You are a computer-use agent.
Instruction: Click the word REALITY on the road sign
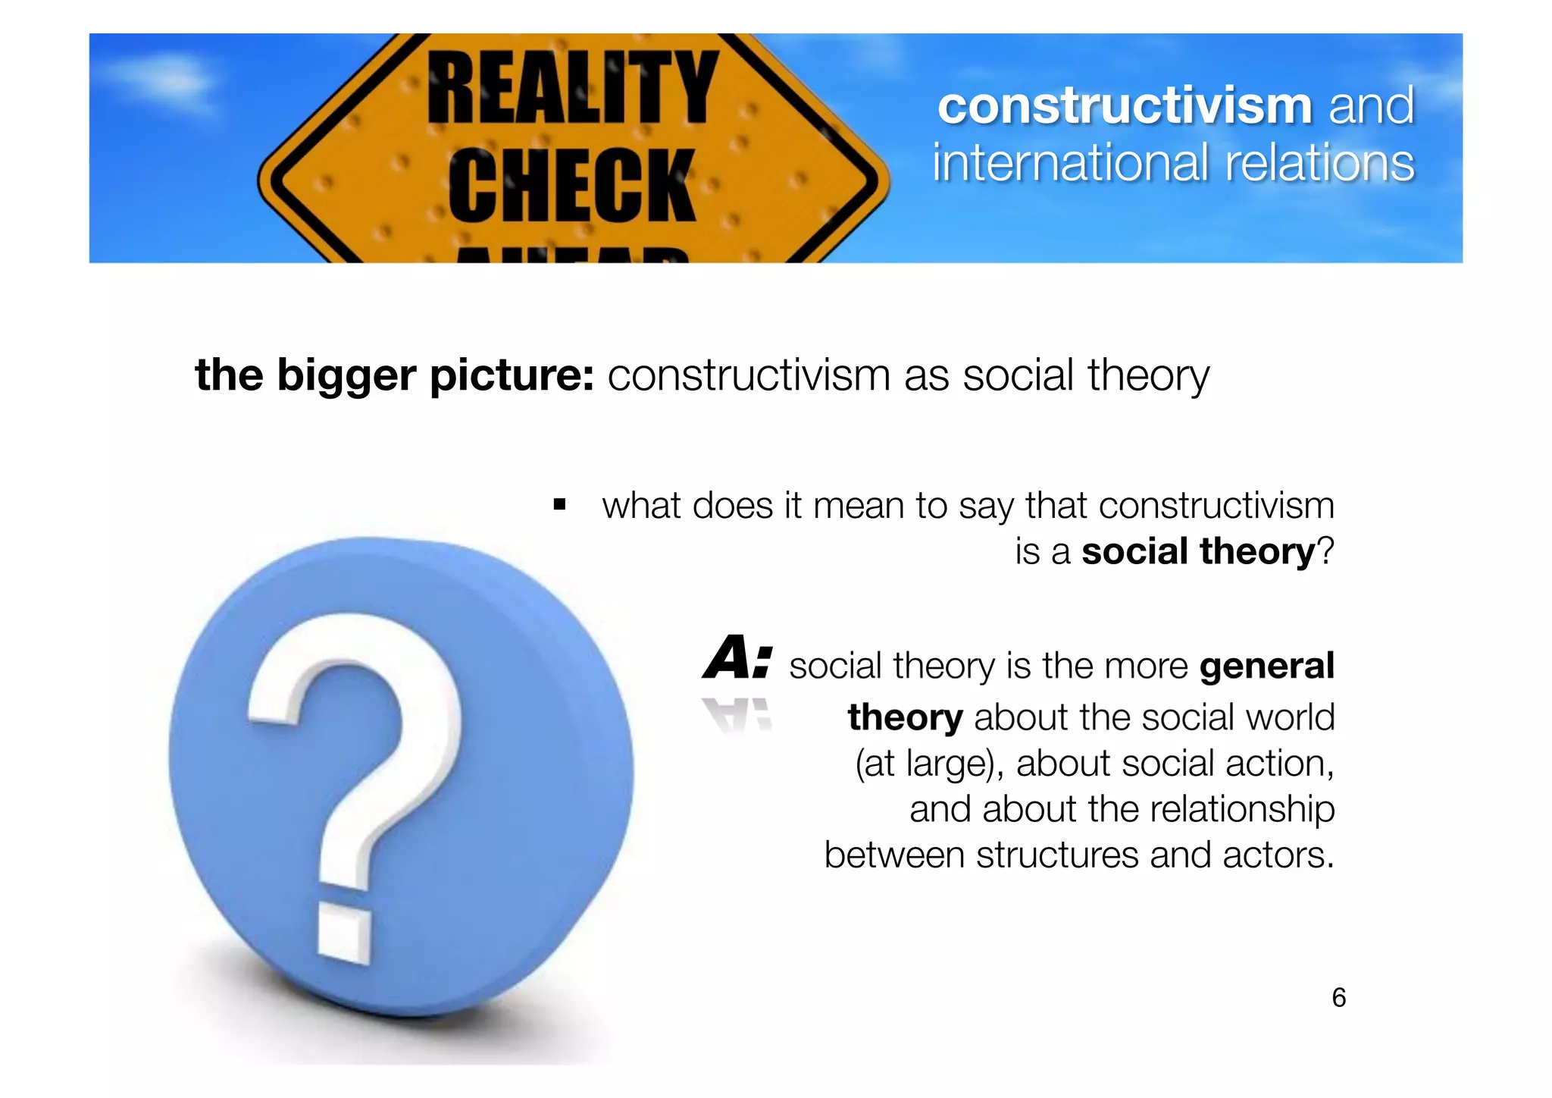click(x=572, y=87)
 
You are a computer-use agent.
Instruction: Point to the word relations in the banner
click(x=1319, y=163)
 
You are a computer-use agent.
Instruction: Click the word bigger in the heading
click(x=346, y=375)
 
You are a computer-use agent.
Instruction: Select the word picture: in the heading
click(x=512, y=375)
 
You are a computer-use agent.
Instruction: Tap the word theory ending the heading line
click(x=1148, y=375)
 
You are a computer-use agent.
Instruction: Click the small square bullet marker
click(x=559, y=505)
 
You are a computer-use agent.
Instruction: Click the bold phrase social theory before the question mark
click(x=1198, y=551)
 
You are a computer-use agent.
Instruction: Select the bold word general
click(x=1266, y=666)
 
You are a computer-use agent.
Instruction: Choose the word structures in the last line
click(x=1057, y=855)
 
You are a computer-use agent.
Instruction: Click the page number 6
click(x=1338, y=997)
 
